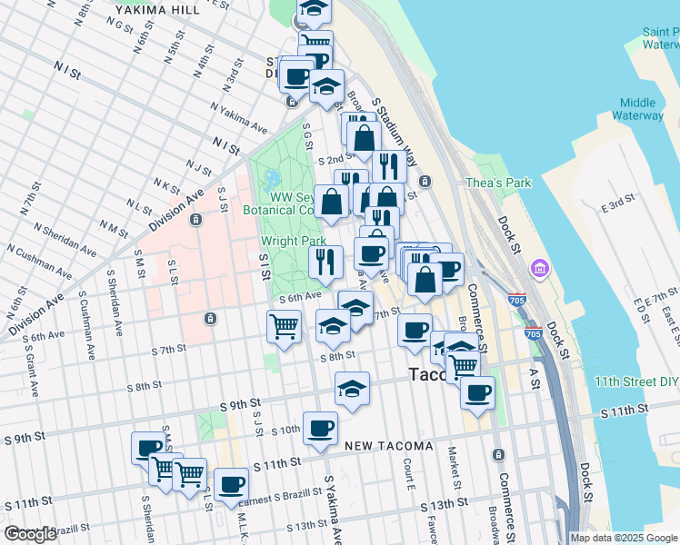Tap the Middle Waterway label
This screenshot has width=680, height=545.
click(x=641, y=109)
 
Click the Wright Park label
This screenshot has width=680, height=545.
click(x=293, y=242)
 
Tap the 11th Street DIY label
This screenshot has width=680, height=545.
click(x=635, y=381)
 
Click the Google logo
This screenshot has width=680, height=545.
click(x=30, y=534)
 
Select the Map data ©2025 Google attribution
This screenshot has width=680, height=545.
click(x=623, y=538)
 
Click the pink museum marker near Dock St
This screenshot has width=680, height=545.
click(x=540, y=269)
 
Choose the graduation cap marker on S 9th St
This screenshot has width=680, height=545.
click(x=352, y=388)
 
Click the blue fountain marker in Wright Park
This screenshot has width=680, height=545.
click(x=271, y=178)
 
